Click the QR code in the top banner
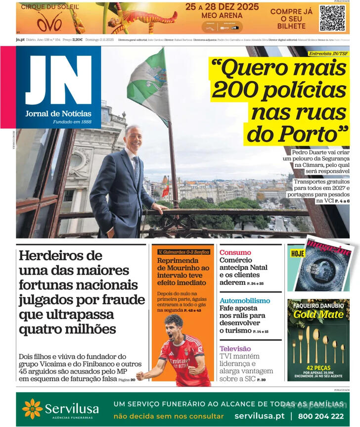pos(332,18)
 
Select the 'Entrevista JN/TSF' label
pos(327,53)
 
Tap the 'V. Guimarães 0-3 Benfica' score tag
pos(183,252)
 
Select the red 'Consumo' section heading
pos(235,252)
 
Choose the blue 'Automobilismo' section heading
pos(245,301)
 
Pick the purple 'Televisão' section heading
pos(235,349)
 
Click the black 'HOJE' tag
pos(298,253)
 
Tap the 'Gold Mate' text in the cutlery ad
pos(318,314)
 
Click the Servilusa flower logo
pos(32,409)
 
